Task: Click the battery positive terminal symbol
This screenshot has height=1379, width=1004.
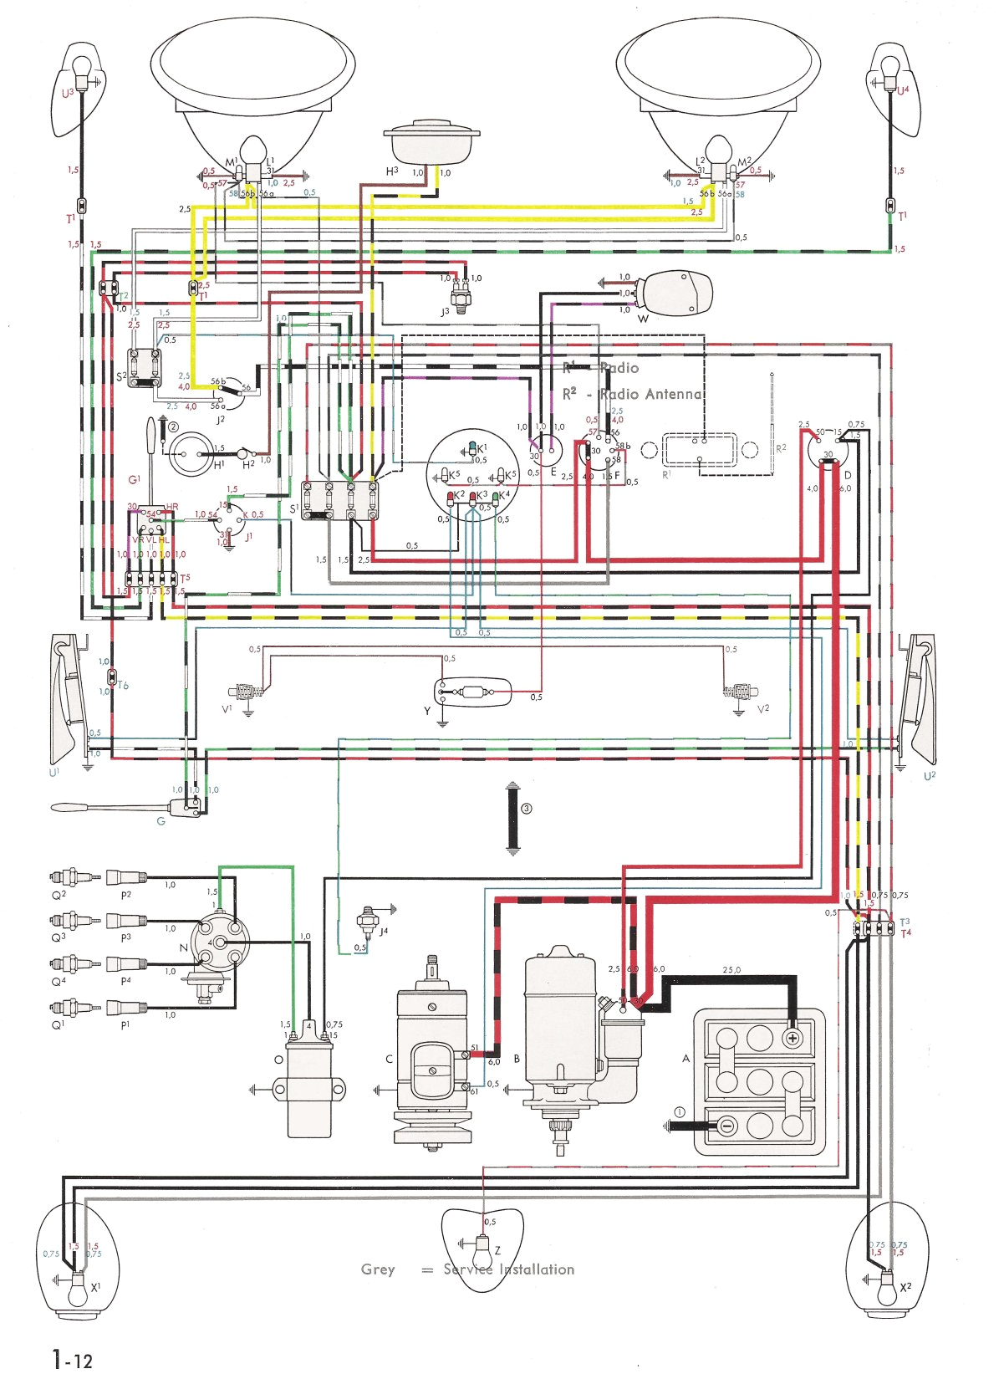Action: (791, 1038)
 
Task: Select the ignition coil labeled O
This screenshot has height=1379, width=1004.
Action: (309, 1087)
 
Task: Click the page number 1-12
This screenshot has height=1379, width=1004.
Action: (72, 1359)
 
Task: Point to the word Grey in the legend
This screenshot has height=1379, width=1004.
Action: (378, 1269)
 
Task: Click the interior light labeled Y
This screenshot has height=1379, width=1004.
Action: (473, 692)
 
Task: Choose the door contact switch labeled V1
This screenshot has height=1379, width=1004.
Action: (246, 692)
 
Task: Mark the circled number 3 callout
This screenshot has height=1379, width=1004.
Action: (526, 809)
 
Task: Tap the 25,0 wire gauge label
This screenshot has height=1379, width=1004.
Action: (731, 970)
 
